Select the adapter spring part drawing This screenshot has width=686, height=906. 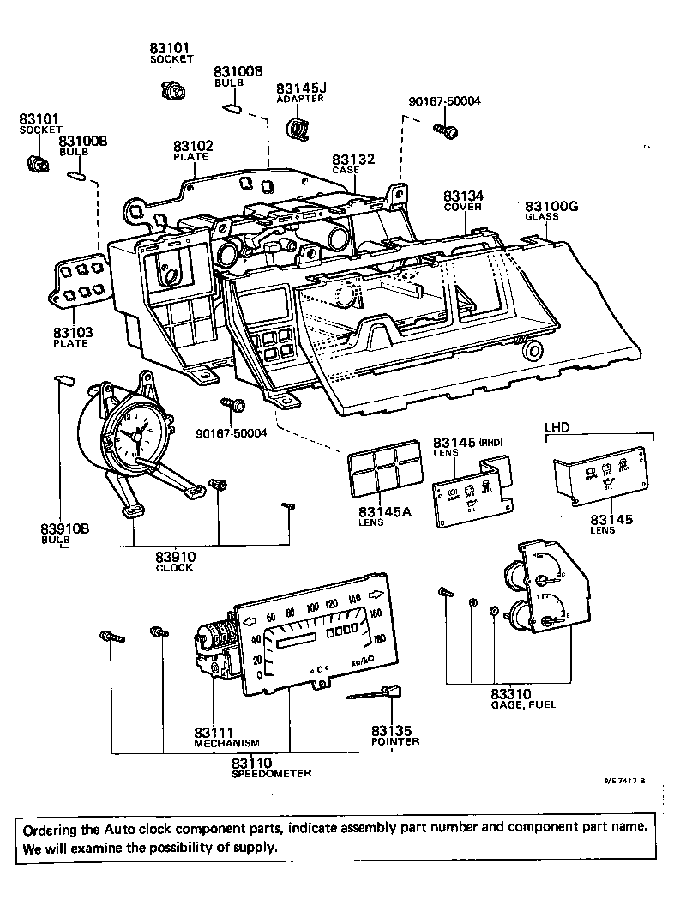297,128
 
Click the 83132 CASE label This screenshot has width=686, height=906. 355,160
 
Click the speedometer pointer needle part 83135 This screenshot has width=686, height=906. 378,692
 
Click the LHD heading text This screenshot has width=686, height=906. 558,426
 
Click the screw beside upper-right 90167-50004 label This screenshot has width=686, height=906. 447,130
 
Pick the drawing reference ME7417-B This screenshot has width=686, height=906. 625,782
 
